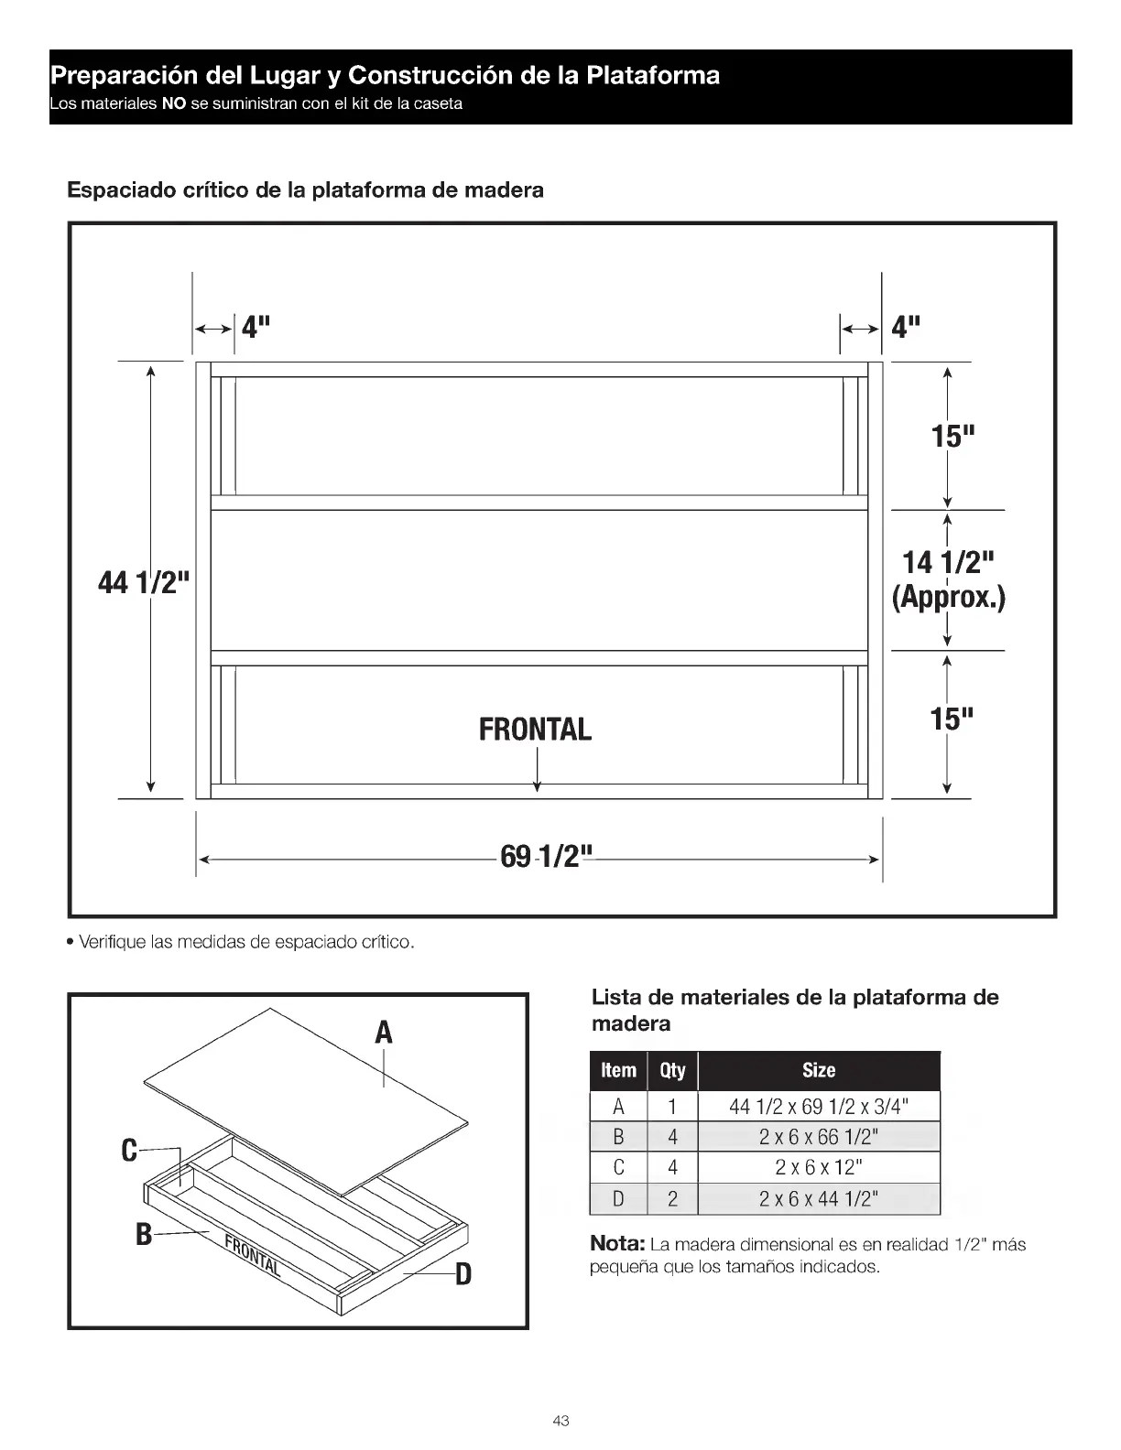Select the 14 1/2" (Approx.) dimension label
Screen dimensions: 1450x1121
(x=949, y=579)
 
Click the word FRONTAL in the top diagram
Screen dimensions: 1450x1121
(x=535, y=730)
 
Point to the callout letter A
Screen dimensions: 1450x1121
(x=384, y=1032)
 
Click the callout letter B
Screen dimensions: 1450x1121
(x=144, y=1235)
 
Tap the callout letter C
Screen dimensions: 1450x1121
(x=129, y=1150)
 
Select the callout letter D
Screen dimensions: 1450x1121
(x=463, y=1273)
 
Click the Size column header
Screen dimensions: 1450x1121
(x=818, y=1070)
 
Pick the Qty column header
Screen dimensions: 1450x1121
(x=672, y=1070)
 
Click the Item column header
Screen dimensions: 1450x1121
(x=618, y=1070)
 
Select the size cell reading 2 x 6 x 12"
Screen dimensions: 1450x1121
(x=818, y=1167)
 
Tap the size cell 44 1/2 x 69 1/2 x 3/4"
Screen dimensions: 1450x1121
(x=818, y=1107)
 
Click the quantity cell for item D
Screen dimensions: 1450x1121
(x=672, y=1199)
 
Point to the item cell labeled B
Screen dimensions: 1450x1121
(x=618, y=1137)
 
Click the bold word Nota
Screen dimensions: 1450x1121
(x=618, y=1244)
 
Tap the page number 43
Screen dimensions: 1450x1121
(x=560, y=1421)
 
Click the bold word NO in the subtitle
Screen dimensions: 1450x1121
(x=174, y=103)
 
